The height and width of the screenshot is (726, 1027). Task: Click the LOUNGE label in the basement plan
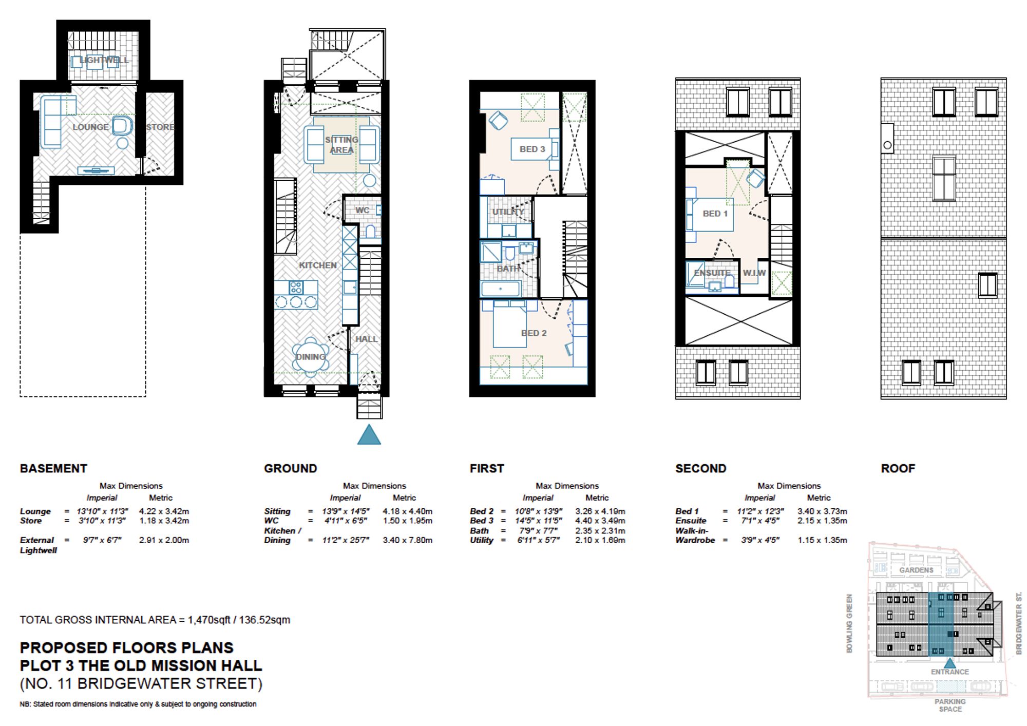point(90,127)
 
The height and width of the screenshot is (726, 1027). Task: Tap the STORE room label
point(160,127)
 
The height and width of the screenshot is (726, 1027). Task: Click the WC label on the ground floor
point(362,210)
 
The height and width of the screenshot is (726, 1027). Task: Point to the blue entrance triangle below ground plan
point(369,435)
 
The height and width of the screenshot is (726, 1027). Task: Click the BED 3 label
point(532,149)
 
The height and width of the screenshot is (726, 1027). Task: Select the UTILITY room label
point(508,212)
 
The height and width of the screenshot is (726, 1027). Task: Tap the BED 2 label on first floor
point(534,333)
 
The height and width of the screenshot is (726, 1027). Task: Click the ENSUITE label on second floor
point(712,273)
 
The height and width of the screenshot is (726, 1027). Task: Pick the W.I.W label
point(754,273)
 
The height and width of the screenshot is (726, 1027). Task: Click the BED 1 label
point(715,214)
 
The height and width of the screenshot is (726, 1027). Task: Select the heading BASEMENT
point(53,468)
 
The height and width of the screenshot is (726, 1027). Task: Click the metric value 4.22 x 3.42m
point(164,511)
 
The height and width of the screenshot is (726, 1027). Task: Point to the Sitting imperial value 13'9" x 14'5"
point(346,511)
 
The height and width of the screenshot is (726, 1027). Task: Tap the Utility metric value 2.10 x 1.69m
point(600,540)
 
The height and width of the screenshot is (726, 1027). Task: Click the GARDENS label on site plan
point(916,570)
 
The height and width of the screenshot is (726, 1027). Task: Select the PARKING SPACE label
point(950,705)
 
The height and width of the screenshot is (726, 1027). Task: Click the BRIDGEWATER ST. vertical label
point(1019,623)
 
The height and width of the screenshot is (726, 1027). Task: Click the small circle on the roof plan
point(887,145)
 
